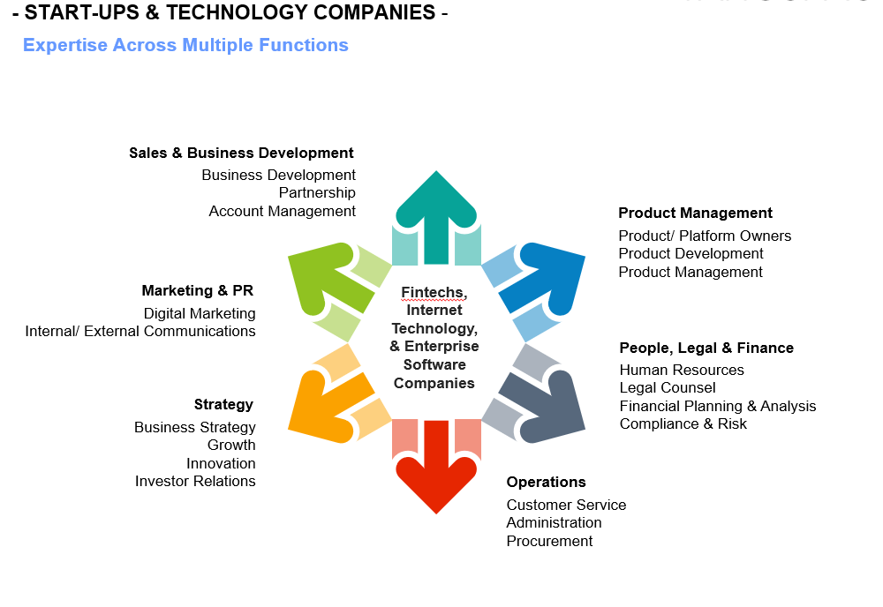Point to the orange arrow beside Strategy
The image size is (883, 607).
pyautogui.click(x=325, y=405)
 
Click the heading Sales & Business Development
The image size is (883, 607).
pyautogui.click(x=241, y=153)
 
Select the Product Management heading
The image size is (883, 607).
pyautogui.click(x=695, y=213)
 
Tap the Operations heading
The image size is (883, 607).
pyautogui.click(x=546, y=482)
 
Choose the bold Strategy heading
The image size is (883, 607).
pyautogui.click(x=223, y=404)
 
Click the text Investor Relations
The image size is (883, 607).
pyautogui.click(x=195, y=481)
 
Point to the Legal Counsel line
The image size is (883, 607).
pyautogui.click(x=668, y=387)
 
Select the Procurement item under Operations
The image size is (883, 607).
pyautogui.click(x=549, y=541)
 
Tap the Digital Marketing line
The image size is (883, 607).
pyautogui.click(x=200, y=313)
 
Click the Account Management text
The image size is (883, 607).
pyautogui.click(x=283, y=211)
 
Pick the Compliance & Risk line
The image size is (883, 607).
pyautogui.click(x=683, y=423)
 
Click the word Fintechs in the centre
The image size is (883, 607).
pyautogui.click(x=434, y=292)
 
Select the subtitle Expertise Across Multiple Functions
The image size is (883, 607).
pyautogui.click(x=185, y=45)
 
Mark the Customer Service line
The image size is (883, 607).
pyautogui.click(x=566, y=505)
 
